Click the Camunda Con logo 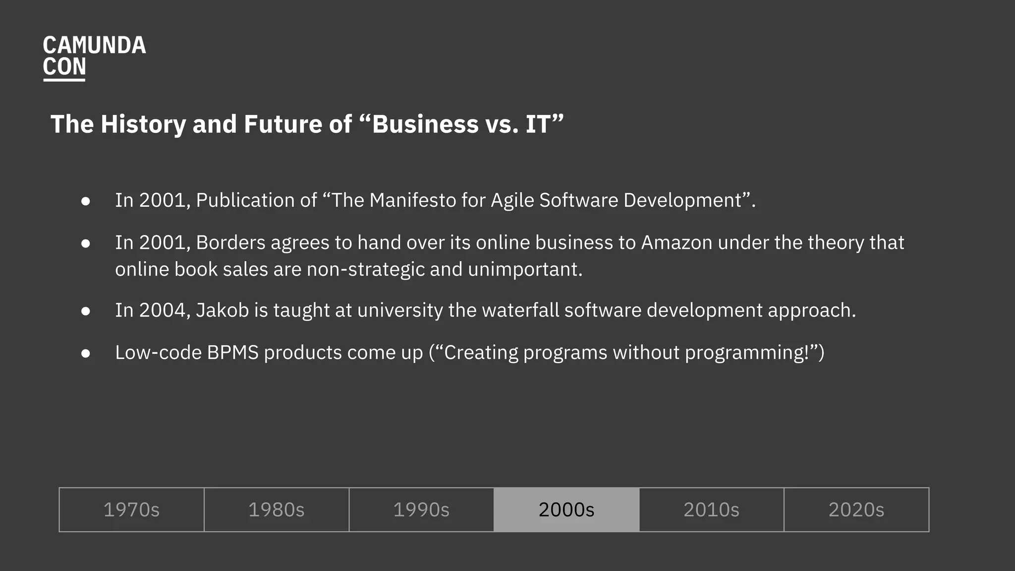click(x=94, y=57)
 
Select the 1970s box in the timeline click(x=131, y=510)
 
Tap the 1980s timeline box click(x=276, y=510)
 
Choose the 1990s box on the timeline click(x=421, y=510)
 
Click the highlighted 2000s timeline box click(x=566, y=510)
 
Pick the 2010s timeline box click(x=711, y=510)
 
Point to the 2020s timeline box click(x=856, y=510)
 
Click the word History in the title click(x=143, y=124)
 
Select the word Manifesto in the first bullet click(x=413, y=200)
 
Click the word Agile click(x=512, y=200)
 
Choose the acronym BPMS click(x=233, y=353)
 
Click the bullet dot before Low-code click(x=86, y=353)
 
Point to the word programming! click(x=746, y=353)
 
